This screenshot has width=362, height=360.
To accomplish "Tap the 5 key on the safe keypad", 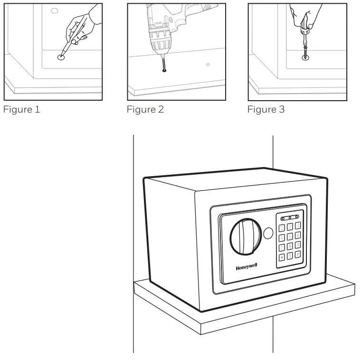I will click(290, 237).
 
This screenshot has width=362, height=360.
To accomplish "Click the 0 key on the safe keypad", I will click(290, 256).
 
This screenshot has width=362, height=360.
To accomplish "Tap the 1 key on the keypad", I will click(282, 227).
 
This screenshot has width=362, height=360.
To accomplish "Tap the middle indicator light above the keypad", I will click(290, 218).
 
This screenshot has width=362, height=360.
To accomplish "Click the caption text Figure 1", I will click(22, 110).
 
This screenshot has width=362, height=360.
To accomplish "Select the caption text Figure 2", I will click(145, 110).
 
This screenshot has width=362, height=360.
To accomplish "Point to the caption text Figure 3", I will click(266, 110).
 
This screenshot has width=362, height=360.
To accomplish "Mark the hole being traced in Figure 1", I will click(61, 57).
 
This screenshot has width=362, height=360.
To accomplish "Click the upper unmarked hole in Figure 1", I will click(54, 10).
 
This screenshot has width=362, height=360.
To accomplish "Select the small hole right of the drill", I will click(208, 64).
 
